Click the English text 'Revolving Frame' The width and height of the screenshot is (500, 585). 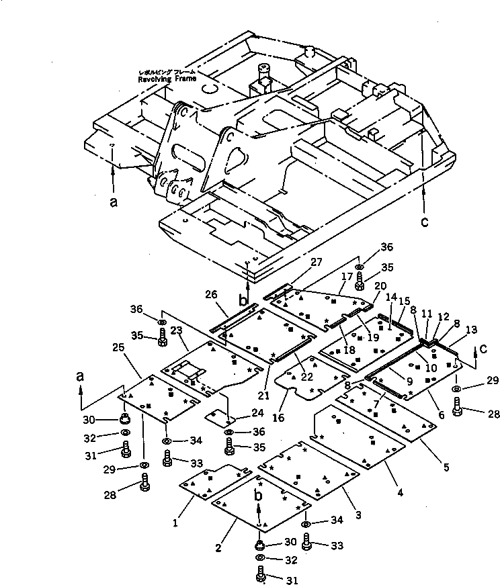167,79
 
